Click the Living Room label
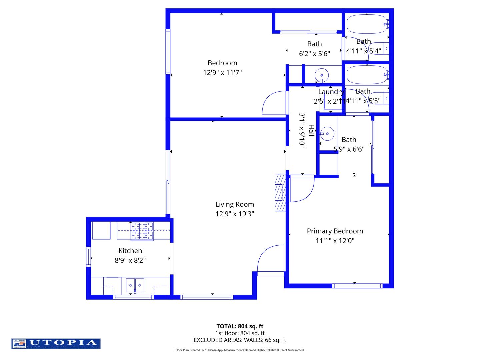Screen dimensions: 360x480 tap(234, 204)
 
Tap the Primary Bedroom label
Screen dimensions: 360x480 tap(335, 231)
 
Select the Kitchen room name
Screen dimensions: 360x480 tap(130, 251)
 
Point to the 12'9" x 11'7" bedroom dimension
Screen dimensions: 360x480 tap(222, 72)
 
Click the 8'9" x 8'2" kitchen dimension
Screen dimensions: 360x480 tap(130, 260)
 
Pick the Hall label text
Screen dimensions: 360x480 tap(311, 130)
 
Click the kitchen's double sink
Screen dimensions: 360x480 tap(135, 285)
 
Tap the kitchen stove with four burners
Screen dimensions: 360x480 tap(142, 231)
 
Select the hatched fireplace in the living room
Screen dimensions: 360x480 tap(280, 192)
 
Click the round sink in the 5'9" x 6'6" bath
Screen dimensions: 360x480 tap(327, 134)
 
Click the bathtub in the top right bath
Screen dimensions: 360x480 tap(367, 24)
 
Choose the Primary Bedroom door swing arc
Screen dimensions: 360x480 tap(302, 189)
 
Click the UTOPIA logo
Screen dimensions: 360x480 tap(56, 344)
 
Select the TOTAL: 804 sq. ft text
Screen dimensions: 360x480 tap(240, 326)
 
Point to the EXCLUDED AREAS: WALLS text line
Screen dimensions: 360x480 tap(240, 340)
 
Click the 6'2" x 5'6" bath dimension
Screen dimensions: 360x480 tap(314, 54)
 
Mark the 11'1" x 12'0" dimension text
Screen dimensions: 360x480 tap(335, 241)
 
